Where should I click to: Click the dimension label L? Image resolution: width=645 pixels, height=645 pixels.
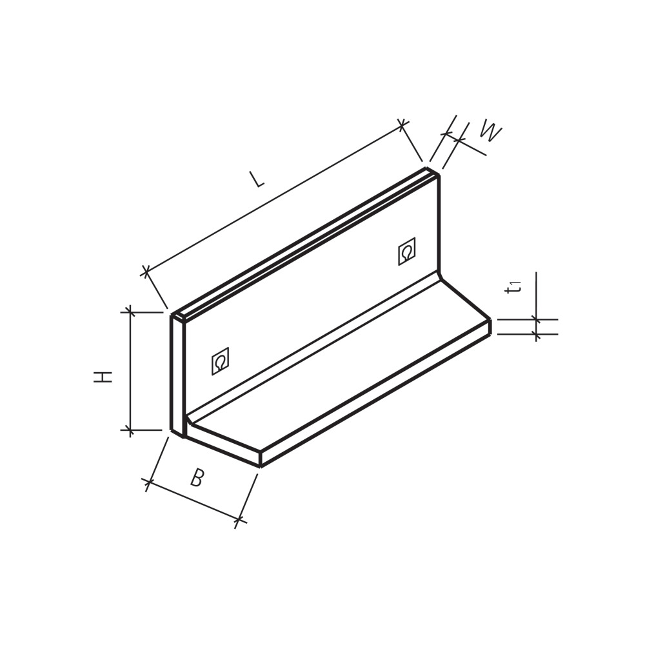pyautogui.click(x=257, y=179)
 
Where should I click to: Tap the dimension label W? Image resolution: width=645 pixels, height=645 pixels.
pyautogui.click(x=490, y=132)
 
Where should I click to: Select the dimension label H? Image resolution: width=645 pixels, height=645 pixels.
pyautogui.click(x=103, y=377)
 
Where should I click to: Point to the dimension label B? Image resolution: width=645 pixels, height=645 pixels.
pyautogui.click(x=197, y=478)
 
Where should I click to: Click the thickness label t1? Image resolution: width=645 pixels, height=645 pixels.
pyautogui.click(x=513, y=287)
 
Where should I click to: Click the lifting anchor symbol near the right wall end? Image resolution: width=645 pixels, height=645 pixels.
pyautogui.click(x=406, y=252)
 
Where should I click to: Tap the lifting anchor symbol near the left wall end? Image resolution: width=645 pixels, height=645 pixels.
pyautogui.click(x=220, y=361)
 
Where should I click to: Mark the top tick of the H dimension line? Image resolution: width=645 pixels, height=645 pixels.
pyautogui.click(x=130, y=312)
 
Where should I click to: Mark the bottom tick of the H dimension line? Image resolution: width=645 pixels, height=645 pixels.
pyautogui.click(x=130, y=430)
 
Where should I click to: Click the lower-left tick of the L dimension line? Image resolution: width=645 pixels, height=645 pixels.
pyautogui.click(x=146, y=271)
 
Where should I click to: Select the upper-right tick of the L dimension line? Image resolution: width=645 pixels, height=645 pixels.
pyautogui.click(x=402, y=124)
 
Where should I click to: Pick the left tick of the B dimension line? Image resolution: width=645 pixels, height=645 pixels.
pyautogui.click(x=149, y=482)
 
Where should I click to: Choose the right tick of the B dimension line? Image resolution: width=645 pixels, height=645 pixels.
pyautogui.click(x=239, y=519)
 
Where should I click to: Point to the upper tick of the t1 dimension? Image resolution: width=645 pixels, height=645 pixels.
pyautogui.click(x=536, y=319)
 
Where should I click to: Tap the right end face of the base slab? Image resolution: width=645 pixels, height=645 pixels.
pyautogui.click(x=490, y=327)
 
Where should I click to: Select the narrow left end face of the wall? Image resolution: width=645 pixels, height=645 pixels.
pyautogui.click(x=177, y=374)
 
